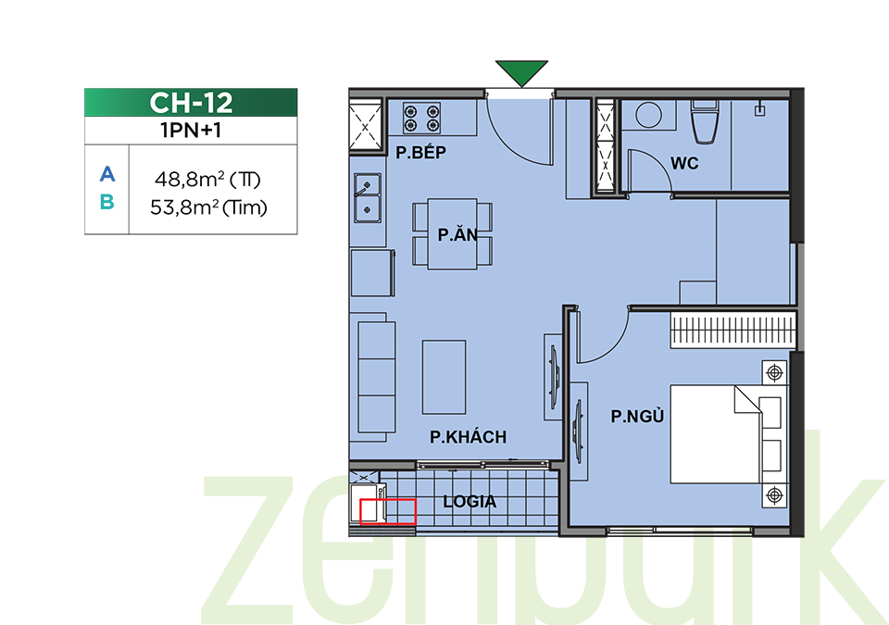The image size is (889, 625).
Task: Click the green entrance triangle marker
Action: [x=521, y=72]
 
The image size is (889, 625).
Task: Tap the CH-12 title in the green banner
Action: [x=191, y=103]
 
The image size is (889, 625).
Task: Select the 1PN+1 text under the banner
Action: [x=191, y=131]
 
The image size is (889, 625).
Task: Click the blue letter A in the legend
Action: [x=107, y=173]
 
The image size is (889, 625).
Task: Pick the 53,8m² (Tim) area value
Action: [x=208, y=207]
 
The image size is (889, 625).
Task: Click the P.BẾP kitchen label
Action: [x=420, y=152]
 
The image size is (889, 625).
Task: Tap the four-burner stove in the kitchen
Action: [x=422, y=118]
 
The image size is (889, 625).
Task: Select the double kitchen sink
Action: [x=368, y=197]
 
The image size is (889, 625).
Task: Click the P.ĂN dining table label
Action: [x=457, y=234]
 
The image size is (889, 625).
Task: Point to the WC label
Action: [x=684, y=163]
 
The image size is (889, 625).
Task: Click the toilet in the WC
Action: [x=705, y=122]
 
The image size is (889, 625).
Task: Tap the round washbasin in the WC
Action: [x=648, y=115]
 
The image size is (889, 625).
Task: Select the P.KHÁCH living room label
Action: [x=468, y=437]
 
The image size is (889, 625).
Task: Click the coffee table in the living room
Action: [x=444, y=377]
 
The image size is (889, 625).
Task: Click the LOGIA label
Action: [x=470, y=501]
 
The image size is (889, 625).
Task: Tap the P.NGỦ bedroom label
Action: [x=637, y=416]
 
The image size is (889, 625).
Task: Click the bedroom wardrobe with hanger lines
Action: [x=732, y=330]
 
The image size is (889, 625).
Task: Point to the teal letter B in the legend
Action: [x=107, y=201]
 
